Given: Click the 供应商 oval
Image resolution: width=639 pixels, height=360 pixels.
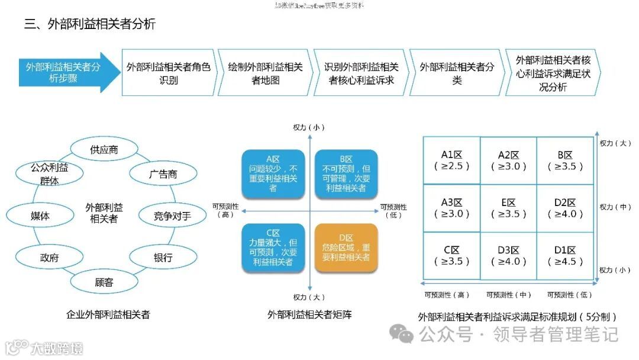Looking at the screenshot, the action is point(104,149).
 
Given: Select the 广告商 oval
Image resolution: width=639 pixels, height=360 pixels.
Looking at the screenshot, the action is point(163,174).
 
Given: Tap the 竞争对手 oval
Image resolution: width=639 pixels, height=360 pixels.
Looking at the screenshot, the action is point(172,216).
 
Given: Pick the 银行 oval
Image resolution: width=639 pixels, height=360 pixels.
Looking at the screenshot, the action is point(163,258).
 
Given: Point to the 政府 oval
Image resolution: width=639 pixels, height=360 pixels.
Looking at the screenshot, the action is point(49,258).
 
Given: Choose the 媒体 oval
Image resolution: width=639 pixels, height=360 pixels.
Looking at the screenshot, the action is point(40,216).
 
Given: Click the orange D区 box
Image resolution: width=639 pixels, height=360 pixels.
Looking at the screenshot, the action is point(346,247).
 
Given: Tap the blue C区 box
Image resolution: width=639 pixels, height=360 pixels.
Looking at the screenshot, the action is point(273,247).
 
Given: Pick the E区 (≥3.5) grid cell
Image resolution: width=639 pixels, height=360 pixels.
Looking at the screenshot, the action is point(508,208).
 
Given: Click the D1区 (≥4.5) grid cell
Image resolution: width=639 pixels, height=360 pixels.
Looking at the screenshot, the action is point(565,256).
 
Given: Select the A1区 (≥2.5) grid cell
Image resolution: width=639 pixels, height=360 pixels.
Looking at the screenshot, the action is point(451,160).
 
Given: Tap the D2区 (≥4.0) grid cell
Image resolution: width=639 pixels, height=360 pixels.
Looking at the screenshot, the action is point(565,208).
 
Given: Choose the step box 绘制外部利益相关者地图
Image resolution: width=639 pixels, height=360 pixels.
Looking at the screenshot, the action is point(266,73).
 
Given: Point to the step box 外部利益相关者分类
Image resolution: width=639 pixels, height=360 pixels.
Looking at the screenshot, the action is point(457,73).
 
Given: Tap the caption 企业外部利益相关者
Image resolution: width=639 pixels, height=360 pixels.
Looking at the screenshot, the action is point(108,315).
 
